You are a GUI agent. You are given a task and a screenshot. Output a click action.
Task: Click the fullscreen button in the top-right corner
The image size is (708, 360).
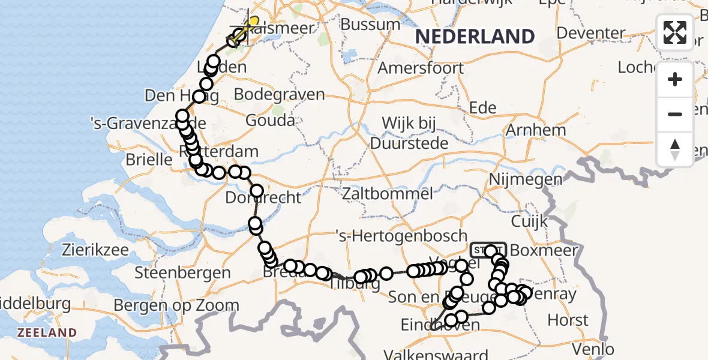point(675,32)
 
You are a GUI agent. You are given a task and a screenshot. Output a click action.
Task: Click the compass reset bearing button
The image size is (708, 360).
point(675,148)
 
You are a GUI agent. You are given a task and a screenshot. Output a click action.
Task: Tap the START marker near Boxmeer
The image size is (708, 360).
point(489,250)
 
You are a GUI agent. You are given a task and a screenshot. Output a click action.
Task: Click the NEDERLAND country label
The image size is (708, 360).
point(475,37)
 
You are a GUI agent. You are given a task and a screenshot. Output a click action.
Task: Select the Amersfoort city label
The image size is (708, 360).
point(421,67)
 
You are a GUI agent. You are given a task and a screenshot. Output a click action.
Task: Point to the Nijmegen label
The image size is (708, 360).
point(526,179)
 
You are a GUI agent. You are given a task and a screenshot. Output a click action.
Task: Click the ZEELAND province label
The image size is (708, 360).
point(47,332)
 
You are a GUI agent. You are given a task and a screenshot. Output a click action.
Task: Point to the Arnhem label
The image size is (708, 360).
point(536,130)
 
